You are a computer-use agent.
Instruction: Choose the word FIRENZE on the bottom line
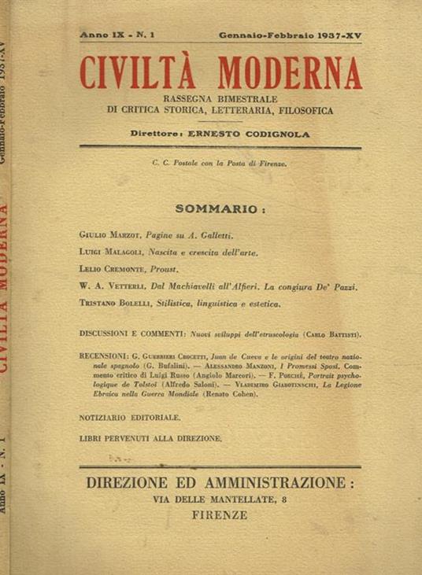(223, 516)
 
